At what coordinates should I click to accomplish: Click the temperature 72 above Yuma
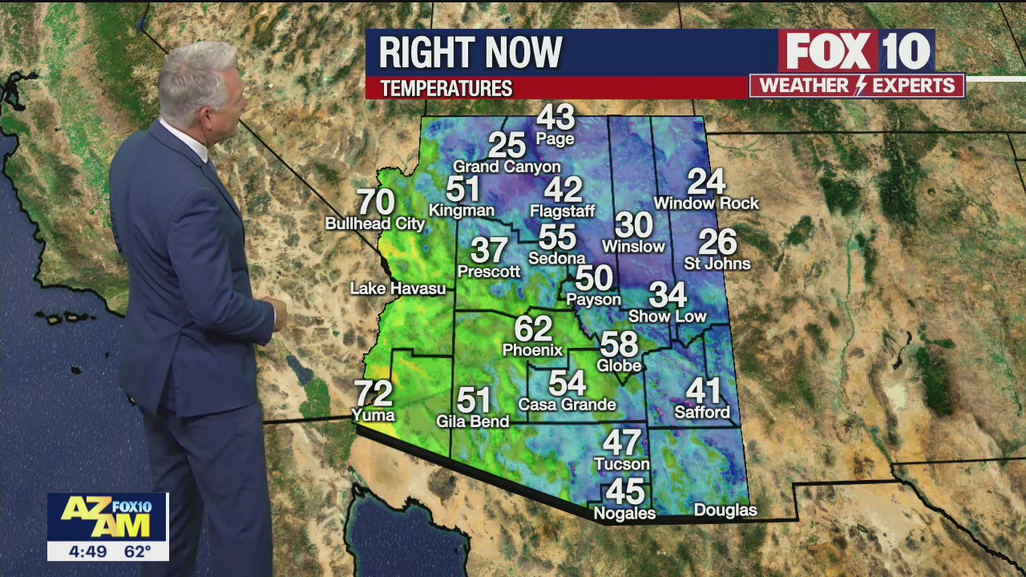click(x=374, y=393)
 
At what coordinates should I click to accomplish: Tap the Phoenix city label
click(x=532, y=350)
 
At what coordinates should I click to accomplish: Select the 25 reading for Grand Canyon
click(x=507, y=145)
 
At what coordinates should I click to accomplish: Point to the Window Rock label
click(x=705, y=204)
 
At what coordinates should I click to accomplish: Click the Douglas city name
click(x=725, y=510)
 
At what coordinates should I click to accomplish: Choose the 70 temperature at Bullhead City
click(x=375, y=202)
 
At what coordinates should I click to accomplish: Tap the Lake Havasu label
click(x=398, y=288)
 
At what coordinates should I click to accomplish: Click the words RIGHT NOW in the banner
click(x=471, y=53)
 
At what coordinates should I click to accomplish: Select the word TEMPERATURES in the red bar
click(x=446, y=88)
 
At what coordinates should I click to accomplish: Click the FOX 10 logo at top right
click(x=856, y=52)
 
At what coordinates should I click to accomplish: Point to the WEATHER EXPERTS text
click(x=856, y=86)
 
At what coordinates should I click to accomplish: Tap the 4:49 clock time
click(x=82, y=551)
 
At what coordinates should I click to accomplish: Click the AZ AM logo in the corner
click(x=107, y=517)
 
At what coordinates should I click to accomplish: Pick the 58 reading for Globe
click(x=619, y=344)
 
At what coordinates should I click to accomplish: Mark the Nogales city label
click(x=624, y=514)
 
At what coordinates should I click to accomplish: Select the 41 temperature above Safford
click(x=703, y=391)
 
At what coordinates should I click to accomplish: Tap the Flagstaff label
click(x=563, y=212)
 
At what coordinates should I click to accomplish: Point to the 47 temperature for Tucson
click(x=622, y=442)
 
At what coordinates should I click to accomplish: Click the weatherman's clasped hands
click(x=275, y=311)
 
